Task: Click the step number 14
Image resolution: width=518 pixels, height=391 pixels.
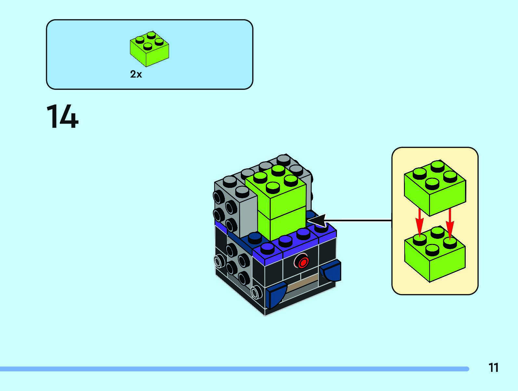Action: coord(62,117)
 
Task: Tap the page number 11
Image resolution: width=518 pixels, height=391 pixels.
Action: coord(493,368)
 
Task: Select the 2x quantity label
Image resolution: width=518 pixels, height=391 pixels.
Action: coord(136,74)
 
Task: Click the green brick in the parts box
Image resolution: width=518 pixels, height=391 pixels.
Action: coord(149,49)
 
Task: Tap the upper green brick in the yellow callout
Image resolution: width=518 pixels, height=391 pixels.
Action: coord(434,187)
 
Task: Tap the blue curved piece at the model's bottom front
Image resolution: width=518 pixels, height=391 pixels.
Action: coord(276,295)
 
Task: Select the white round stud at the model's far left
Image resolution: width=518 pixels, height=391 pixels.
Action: coord(218,261)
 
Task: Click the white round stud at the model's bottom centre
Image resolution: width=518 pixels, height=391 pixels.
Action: coord(256,293)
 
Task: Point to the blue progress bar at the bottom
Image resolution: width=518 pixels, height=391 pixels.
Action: coord(234,369)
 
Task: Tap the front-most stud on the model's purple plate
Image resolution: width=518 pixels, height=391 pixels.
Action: coord(267,248)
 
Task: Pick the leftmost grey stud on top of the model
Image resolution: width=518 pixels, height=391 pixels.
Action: coord(230,180)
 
